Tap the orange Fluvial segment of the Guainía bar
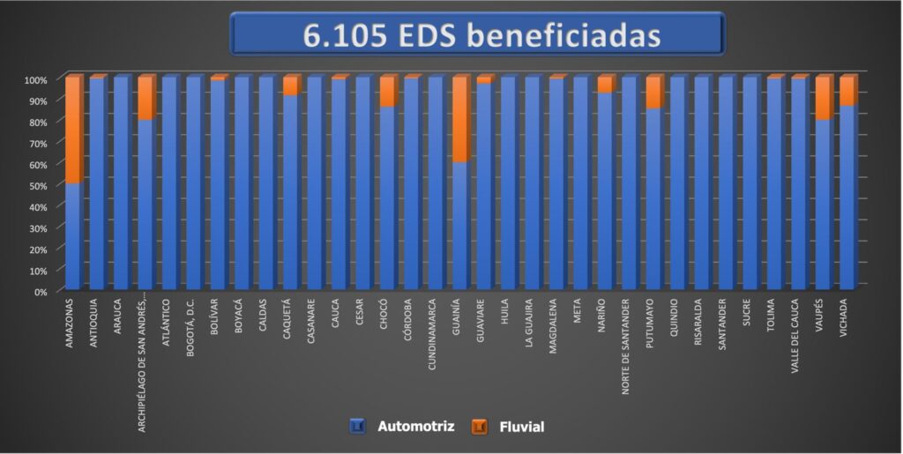click(459, 120)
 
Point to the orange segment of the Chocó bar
click(387, 92)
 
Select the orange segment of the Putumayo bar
click(653, 93)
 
